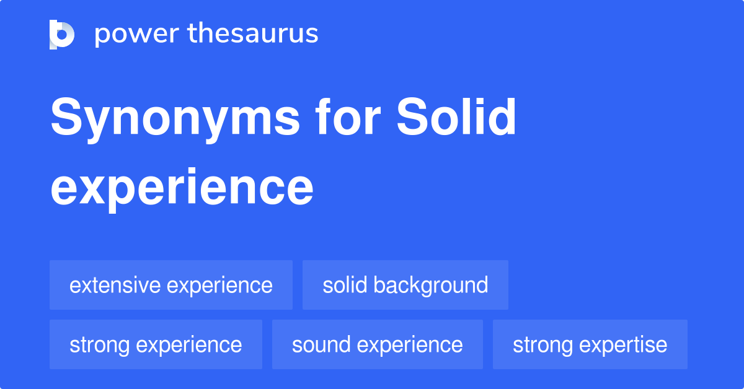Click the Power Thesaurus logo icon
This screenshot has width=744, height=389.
click(62, 34)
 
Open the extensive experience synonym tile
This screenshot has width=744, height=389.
click(171, 285)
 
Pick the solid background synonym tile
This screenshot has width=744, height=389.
click(405, 285)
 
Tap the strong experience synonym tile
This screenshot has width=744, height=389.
click(156, 344)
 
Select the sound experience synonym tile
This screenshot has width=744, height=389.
click(378, 344)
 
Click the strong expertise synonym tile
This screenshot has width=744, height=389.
click(590, 344)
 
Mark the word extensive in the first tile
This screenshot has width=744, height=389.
click(115, 285)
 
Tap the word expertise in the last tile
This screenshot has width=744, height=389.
click(626, 345)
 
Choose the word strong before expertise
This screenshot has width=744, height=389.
click(543, 344)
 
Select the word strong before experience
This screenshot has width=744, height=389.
click(100, 344)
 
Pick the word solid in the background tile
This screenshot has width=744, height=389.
click(345, 285)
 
